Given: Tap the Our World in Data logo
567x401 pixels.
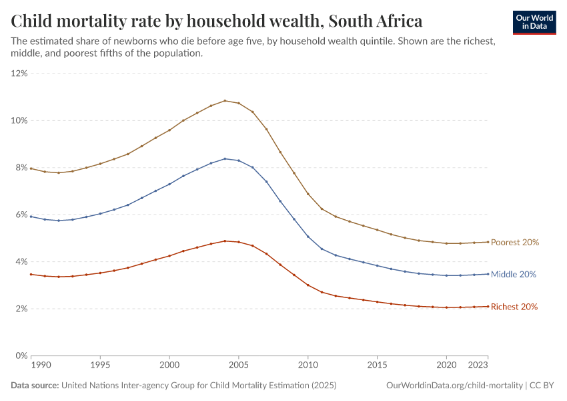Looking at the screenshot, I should point(534,22).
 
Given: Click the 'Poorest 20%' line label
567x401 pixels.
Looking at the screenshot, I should point(514,243).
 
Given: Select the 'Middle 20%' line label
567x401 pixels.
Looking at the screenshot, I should point(514,275).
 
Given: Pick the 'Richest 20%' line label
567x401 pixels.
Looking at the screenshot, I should point(514,307).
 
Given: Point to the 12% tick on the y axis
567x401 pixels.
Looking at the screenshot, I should point(19,74).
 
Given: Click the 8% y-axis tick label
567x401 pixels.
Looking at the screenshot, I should point(21,168).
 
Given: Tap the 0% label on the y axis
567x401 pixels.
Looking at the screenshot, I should point(21,356).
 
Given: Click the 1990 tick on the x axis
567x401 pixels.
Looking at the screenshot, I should point(40,366).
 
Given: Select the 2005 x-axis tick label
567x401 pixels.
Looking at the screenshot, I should point(239,366).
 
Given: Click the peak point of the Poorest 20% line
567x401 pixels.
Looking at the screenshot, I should point(225,101).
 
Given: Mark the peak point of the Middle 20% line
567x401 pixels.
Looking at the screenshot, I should point(225,158).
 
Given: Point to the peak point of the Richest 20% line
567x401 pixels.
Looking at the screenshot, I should point(225,241).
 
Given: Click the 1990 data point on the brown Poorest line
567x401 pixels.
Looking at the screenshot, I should point(31,168).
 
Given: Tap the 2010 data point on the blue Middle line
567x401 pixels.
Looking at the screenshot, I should point(308,237).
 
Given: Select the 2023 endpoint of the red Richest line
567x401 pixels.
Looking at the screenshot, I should point(488,306).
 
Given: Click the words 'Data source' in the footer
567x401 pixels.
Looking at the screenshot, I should point(35,386).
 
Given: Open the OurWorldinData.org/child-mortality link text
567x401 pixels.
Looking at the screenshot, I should point(454,386).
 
